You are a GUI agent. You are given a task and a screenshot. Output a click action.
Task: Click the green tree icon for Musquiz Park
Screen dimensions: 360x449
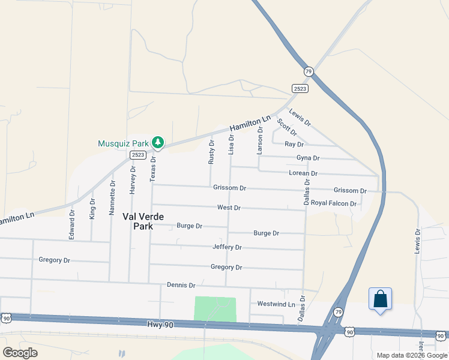click(158, 142)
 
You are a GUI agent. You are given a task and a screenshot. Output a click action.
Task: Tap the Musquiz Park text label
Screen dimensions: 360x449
click(123, 143)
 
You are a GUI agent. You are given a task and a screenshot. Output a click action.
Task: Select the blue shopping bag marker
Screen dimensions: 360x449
click(381, 299)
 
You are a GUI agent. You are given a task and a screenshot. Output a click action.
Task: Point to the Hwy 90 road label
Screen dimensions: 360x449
click(160, 324)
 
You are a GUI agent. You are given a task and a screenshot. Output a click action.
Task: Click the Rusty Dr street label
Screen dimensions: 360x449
click(211, 152)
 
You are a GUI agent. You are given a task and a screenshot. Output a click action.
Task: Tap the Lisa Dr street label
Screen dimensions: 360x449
click(231, 145)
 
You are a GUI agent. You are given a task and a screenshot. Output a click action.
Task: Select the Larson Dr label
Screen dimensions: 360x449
click(260, 140)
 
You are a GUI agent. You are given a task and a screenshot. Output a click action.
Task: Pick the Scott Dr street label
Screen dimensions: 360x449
click(287, 127)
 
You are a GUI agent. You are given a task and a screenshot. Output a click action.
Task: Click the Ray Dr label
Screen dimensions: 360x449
click(294, 145)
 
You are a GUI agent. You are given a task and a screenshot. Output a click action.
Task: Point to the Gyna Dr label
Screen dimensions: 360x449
click(308, 158)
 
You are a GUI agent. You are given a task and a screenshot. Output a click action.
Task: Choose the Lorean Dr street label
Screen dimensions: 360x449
click(303, 173)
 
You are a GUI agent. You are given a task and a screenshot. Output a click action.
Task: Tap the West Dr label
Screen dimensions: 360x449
click(229, 208)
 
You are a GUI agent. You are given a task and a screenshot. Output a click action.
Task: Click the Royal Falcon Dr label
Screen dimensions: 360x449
click(334, 203)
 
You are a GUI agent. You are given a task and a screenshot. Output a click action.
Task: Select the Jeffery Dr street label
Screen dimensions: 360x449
click(227, 247)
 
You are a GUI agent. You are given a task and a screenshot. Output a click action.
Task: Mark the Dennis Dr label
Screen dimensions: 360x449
click(181, 285)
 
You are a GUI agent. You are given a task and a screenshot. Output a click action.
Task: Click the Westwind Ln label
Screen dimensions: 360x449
click(276, 304)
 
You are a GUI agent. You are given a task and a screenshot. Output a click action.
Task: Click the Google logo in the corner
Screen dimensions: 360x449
click(20, 353)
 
